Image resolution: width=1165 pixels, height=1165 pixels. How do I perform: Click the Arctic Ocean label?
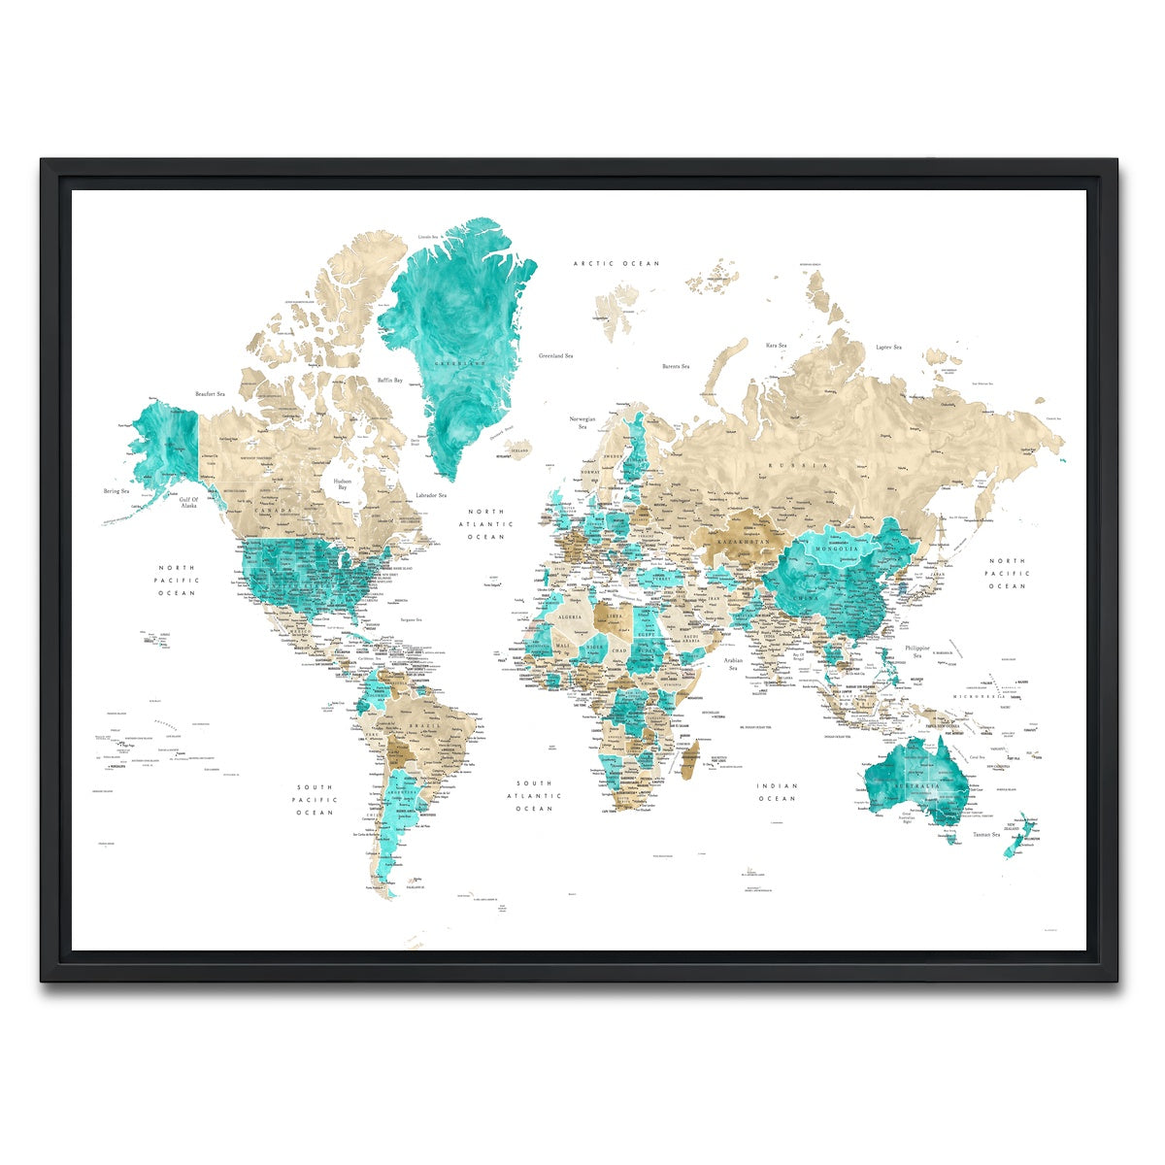pos(616,263)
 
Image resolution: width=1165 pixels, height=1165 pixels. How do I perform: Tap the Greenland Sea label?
pos(555,356)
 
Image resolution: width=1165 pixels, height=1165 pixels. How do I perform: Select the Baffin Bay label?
pos(390,380)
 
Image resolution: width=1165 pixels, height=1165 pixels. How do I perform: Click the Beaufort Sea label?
pos(210,394)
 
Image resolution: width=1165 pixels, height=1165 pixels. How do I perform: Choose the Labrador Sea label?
pos(430,495)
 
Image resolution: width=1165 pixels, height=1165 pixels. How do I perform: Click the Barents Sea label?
pos(676,366)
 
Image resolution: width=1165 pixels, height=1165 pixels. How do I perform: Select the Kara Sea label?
pos(776,345)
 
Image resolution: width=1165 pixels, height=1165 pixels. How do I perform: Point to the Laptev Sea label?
pos(888,347)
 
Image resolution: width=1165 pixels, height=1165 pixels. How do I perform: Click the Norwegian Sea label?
pos(582,423)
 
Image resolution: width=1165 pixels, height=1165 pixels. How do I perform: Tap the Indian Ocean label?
pos(777,792)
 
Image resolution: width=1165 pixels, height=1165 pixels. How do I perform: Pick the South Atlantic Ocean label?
pos(534,795)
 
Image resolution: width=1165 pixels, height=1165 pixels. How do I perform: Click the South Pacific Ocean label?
pos(315,800)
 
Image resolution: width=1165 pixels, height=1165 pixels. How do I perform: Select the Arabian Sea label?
pos(734,664)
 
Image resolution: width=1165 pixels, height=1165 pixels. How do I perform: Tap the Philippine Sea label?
pos(917,651)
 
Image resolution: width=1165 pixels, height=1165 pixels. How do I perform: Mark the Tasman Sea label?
pos(987,834)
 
